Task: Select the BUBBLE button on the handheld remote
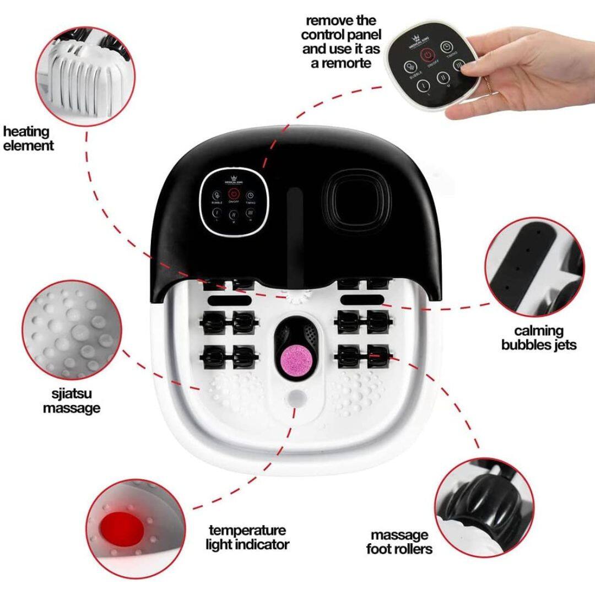coord(410,67)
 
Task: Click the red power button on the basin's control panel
coord(233,194)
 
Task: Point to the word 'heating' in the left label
coord(26,132)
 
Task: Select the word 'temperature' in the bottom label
coord(247,531)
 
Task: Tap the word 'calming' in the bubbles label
coord(539,331)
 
